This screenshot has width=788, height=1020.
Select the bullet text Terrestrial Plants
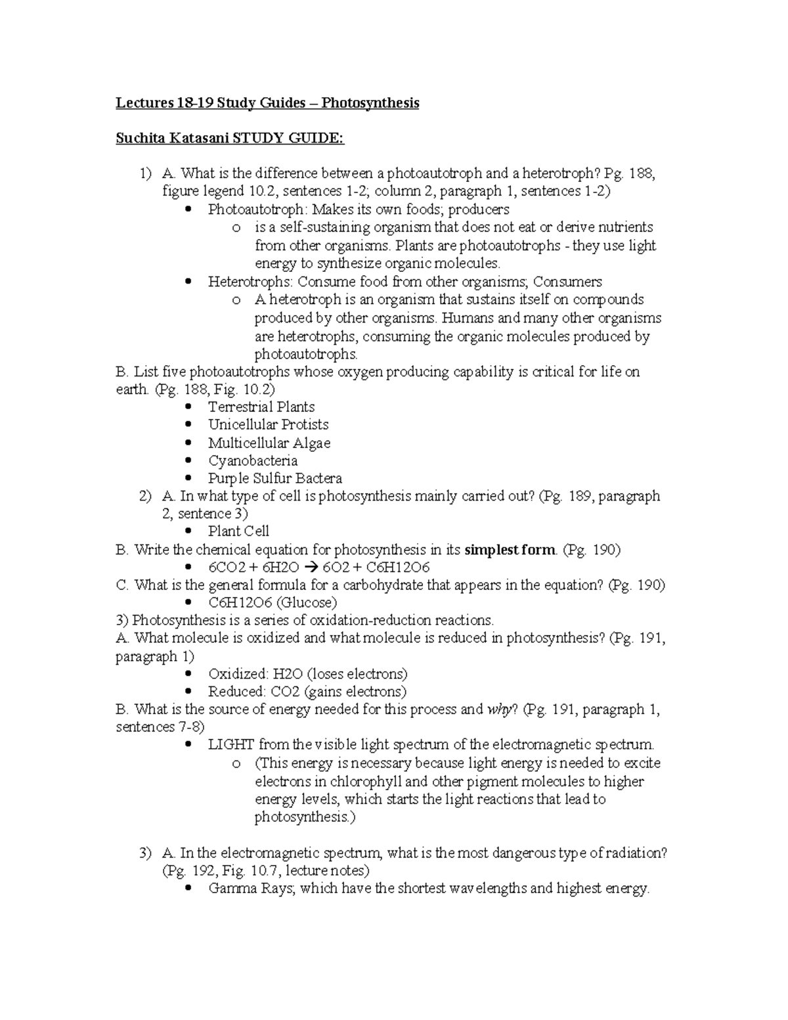[261, 407]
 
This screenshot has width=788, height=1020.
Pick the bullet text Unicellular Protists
[268, 424]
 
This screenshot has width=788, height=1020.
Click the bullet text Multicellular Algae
[269, 443]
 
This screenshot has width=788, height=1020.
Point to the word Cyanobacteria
[253, 460]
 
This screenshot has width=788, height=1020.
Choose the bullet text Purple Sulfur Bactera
[275, 478]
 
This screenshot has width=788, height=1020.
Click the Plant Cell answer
[238, 531]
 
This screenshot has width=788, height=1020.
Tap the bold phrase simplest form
[510, 550]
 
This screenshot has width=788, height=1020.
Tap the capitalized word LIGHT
[231, 745]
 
